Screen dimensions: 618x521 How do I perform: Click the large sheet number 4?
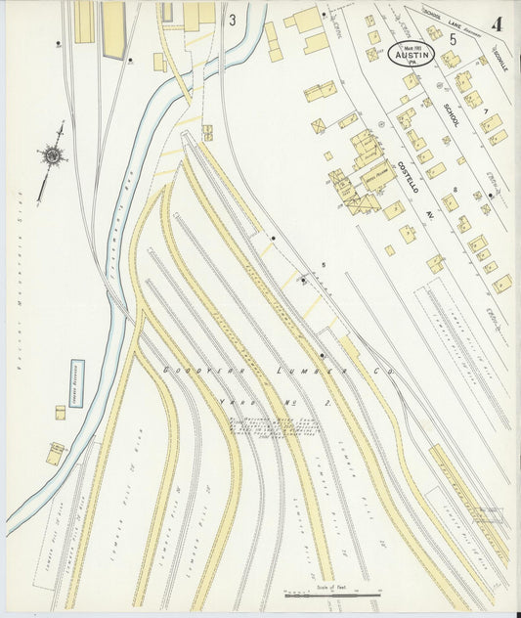click(x=498, y=23)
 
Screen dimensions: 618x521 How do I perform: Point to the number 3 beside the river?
click(x=232, y=19)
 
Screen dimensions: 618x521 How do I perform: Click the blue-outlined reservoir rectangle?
click(x=76, y=382)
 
